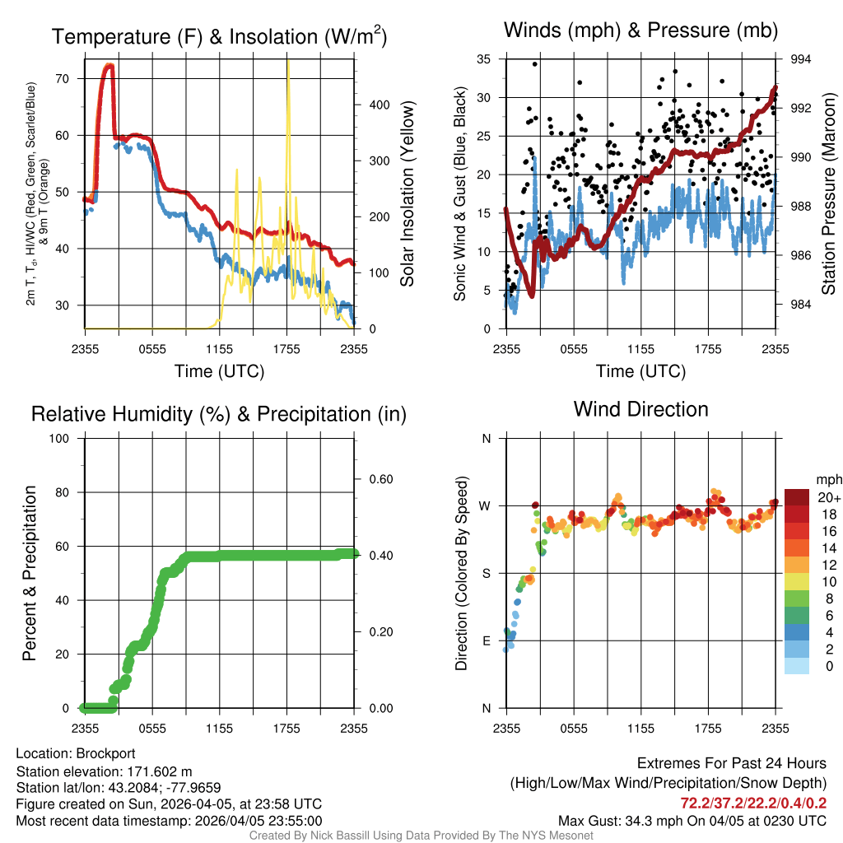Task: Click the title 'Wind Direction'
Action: coord(640,409)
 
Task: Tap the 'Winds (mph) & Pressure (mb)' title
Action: coord(640,30)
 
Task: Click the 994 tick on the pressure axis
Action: coord(801,59)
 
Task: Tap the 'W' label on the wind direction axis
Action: coord(486,505)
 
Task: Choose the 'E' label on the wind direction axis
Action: coord(487,640)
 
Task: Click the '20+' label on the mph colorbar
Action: coord(828,497)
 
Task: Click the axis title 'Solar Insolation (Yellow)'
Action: coord(408,194)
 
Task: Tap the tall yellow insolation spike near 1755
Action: coord(288,91)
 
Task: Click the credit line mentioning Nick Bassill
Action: coord(421,836)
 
